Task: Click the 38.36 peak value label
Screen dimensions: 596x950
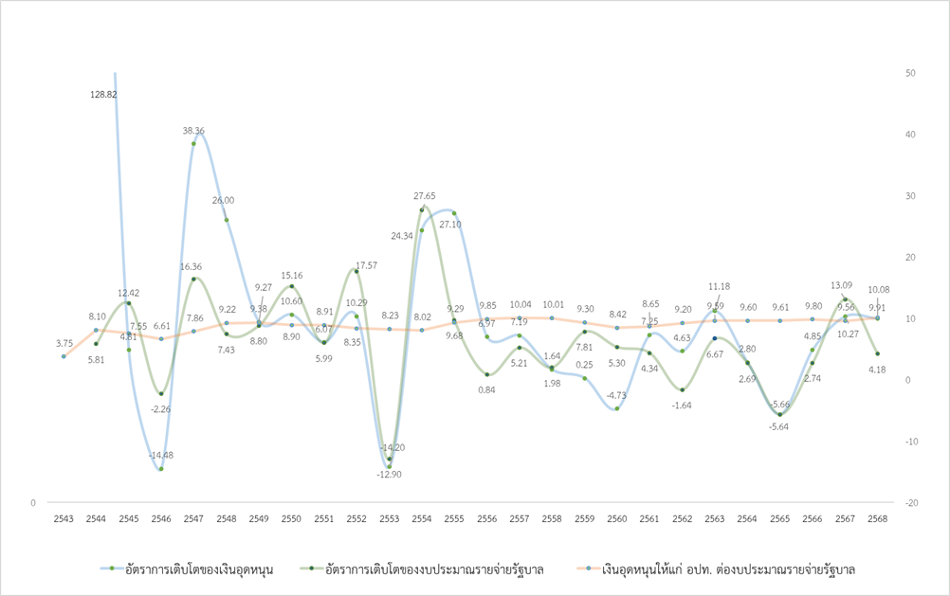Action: click(x=193, y=131)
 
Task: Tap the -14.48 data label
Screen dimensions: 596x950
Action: click(x=161, y=455)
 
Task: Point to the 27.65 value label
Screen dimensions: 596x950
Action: click(x=424, y=195)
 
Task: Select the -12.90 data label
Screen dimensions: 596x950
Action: click(x=389, y=474)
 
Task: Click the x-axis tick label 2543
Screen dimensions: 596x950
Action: click(x=64, y=518)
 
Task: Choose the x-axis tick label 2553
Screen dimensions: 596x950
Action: click(x=389, y=518)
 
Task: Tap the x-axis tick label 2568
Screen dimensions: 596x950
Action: click(x=877, y=518)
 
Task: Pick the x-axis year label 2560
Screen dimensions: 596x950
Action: click(x=616, y=518)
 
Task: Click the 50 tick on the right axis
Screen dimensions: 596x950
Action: click(x=911, y=73)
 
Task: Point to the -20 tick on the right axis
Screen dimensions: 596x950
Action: click(x=912, y=503)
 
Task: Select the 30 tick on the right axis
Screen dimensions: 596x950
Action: click(x=911, y=196)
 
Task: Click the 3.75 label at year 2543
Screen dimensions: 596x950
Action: click(x=64, y=343)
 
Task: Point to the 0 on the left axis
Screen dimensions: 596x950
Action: click(x=32, y=503)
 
